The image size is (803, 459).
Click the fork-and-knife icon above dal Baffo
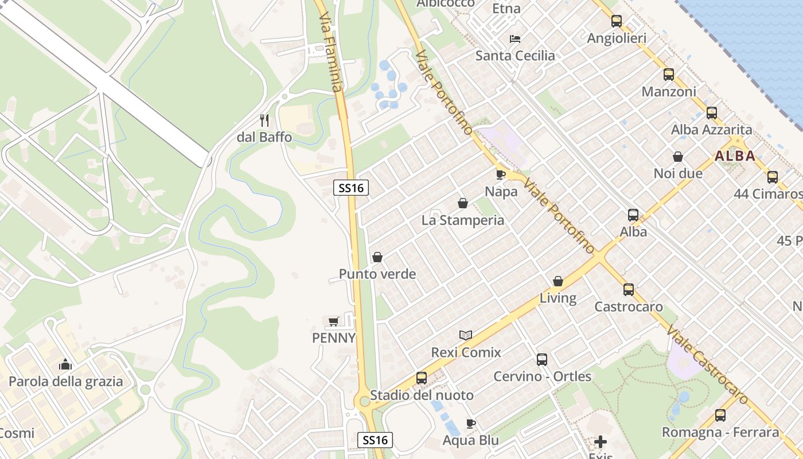264,120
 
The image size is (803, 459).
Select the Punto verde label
377,274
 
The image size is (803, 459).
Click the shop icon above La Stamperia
463,203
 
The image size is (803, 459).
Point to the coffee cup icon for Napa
501,174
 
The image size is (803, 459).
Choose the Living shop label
558,298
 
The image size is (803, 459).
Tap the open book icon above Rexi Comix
466,335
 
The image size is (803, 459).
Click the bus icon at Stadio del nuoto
422,378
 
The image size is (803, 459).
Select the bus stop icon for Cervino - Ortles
542,360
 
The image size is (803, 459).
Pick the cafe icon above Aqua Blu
471,424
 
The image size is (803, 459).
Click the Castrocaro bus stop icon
629,290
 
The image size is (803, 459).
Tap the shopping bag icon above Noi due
678,157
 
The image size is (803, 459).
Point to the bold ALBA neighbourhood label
735,156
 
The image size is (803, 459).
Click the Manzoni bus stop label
669,92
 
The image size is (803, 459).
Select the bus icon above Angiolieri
617,21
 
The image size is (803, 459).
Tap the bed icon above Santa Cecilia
515,39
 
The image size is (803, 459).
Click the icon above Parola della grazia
65,364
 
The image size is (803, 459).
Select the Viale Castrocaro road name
708,365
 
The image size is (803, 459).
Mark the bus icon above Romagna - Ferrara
720,415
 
